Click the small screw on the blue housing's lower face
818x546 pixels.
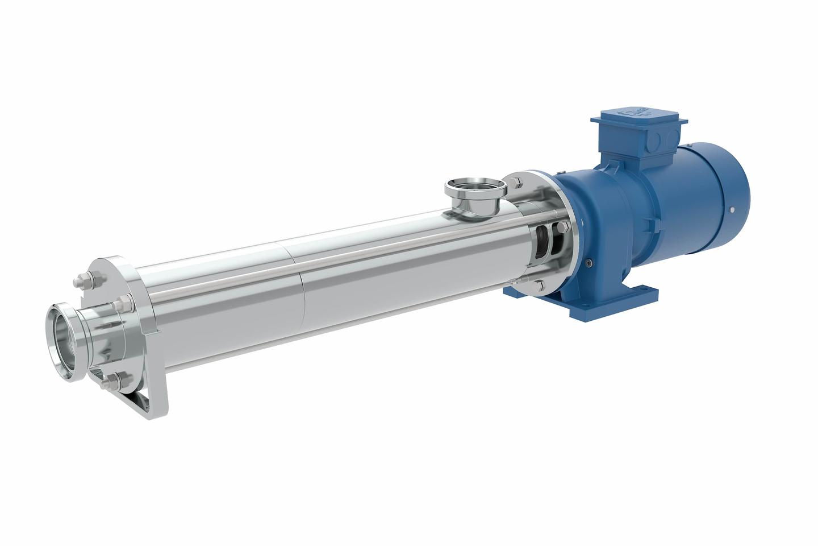pyautogui.click(x=591, y=262)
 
